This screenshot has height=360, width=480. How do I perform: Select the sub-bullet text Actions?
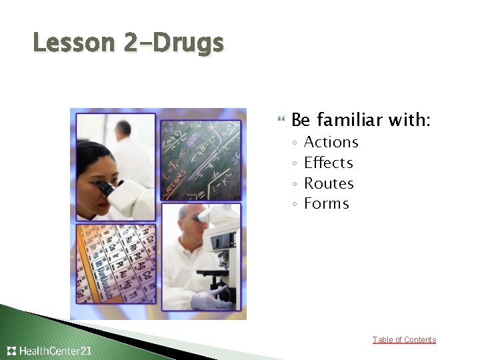click(x=331, y=142)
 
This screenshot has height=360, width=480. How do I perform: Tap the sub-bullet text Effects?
click(x=328, y=163)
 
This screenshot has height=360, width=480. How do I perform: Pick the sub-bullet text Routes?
click(x=329, y=183)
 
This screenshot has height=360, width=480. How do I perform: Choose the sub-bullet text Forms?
click(x=326, y=203)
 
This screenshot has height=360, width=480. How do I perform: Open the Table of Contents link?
click(x=404, y=340)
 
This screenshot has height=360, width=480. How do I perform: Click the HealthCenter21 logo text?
click(x=56, y=351)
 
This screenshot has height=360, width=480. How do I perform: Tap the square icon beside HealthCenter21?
click(x=11, y=351)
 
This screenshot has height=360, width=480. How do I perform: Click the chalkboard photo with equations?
click(x=199, y=159)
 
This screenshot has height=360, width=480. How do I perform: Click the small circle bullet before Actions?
click(x=294, y=143)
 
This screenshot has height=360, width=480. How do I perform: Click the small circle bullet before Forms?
click(x=294, y=204)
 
